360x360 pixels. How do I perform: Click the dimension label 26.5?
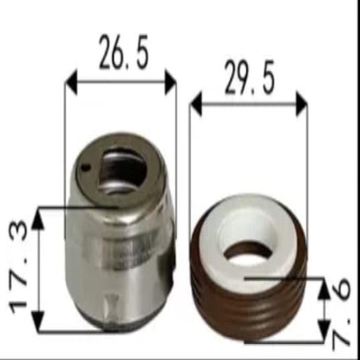click(124, 52)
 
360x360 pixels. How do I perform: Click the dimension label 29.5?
click(249, 77)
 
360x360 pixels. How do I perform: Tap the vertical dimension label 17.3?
click(18, 267)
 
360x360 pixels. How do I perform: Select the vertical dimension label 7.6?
click(341, 313)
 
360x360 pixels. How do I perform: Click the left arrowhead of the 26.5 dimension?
click(72, 82)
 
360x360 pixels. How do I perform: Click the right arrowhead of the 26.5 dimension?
click(170, 82)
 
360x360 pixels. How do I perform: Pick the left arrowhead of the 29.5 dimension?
click(196, 104)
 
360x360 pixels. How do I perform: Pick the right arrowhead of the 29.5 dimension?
click(302, 104)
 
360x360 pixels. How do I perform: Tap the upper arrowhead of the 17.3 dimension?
click(38, 219)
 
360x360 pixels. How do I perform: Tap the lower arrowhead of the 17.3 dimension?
click(38, 321)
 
